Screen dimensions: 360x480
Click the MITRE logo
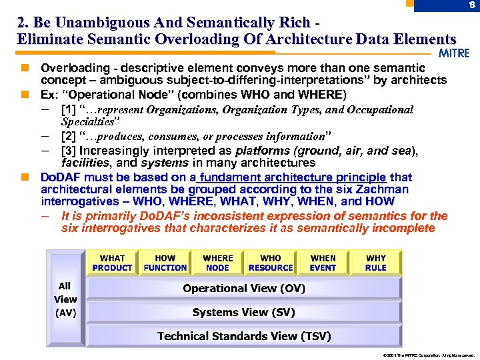pyautogui.click(x=455, y=53)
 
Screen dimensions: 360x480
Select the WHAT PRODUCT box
pyautogui.click(x=112, y=263)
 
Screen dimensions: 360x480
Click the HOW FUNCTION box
pyautogui.click(x=165, y=263)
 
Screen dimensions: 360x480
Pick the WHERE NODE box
pyautogui.click(x=217, y=263)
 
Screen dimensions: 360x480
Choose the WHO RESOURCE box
pyautogui.click(x=270, y=263)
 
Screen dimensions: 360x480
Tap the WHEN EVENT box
pyautogui.click(x=323, y=263)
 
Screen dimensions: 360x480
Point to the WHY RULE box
pyautogui.click(x=376, y=263)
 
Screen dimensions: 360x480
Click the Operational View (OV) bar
pyautogui.click(x=244, y=288)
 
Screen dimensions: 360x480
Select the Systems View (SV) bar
pyautogui.click(x=244, y=312)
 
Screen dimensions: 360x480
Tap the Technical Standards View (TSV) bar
pyautogui.click(x=244, y=336)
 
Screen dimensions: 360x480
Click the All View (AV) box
pyautogui.click(x=65, y=299)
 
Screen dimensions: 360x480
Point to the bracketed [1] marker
pyautogui.click(x=68, y=109)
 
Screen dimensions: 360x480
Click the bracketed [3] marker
pyautogui.click(x=68, y=151)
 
